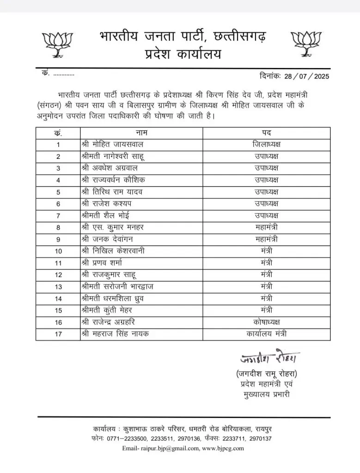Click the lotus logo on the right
[305, 44]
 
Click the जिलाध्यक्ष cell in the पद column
[267, 145]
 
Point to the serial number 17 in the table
[58, 334]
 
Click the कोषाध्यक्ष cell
[267, 321]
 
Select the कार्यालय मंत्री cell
[267, 334]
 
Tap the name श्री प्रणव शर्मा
[102, 262]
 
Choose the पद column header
[267, 133]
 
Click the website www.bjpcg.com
[223, 448]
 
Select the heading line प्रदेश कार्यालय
[182, 55]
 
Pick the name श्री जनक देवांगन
[109, 239]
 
